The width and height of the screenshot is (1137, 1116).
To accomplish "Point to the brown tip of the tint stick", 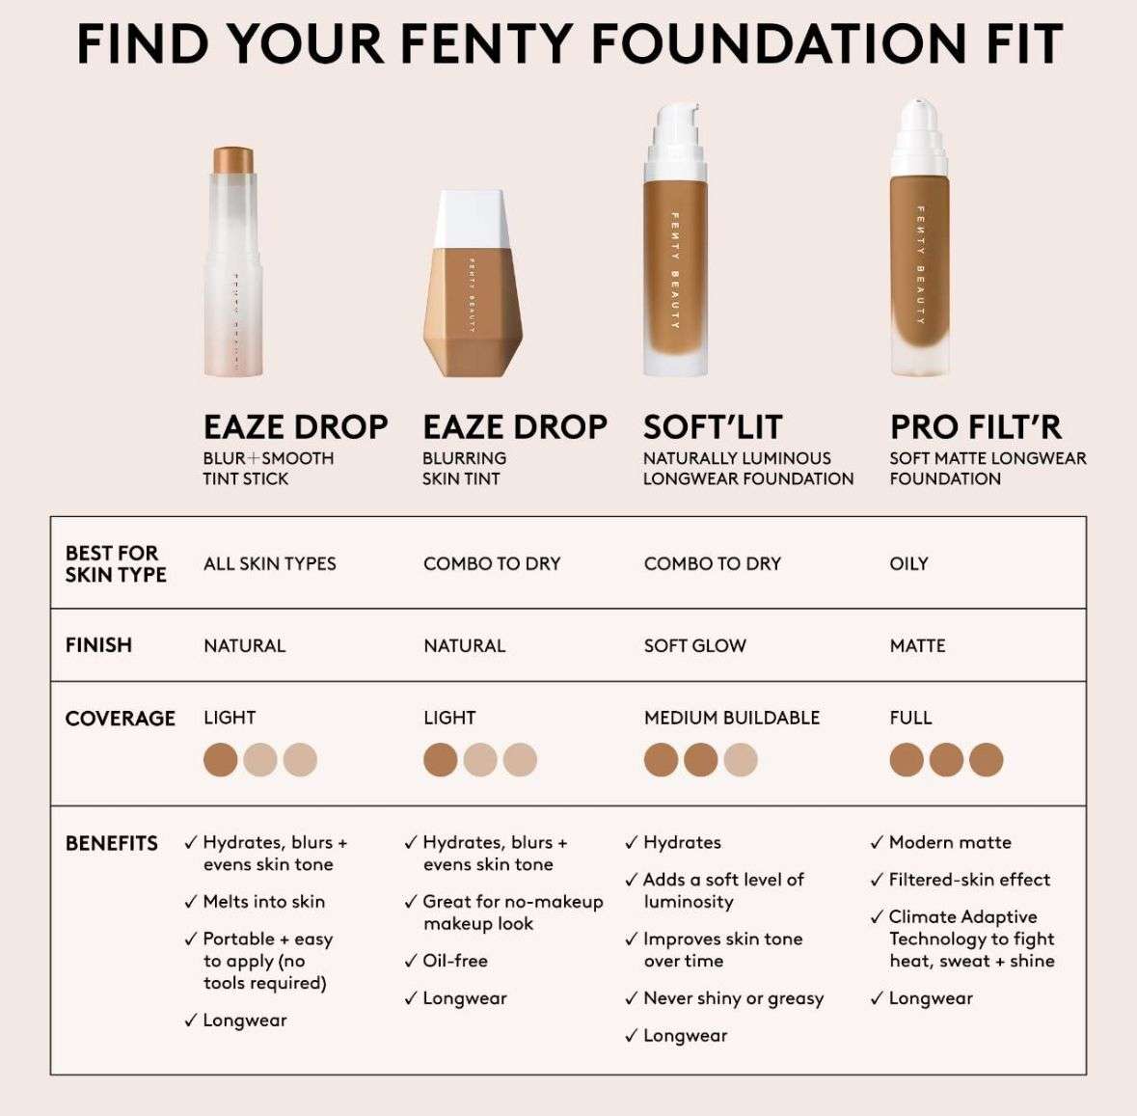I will [231, 155].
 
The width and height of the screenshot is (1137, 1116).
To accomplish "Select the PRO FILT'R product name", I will [975, 426].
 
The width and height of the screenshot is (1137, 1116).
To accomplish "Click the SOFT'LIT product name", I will [712, 426].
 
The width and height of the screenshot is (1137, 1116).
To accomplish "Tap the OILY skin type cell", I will [908, 563].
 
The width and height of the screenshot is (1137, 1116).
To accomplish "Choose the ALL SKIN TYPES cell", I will [269, 563].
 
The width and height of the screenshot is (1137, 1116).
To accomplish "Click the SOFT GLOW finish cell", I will [694, 645].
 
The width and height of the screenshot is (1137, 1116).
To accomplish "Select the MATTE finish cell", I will [917, 645].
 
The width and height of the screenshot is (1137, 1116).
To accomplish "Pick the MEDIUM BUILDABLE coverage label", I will [731, 718].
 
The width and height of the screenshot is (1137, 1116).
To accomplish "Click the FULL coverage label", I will [910, 718].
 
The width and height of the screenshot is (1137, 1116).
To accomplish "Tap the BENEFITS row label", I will [111, 843].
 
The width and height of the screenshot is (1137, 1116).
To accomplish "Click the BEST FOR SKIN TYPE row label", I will [115, 563].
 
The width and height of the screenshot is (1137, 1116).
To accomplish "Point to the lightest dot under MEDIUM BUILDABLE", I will [741, 760].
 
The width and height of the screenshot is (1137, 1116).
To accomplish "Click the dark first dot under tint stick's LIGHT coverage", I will [220, 760].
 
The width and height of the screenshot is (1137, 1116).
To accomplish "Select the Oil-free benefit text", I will [454, 961].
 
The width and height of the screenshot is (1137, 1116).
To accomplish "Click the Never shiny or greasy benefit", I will [733, 998].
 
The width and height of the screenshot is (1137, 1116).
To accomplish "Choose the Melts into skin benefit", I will [263, 902].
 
